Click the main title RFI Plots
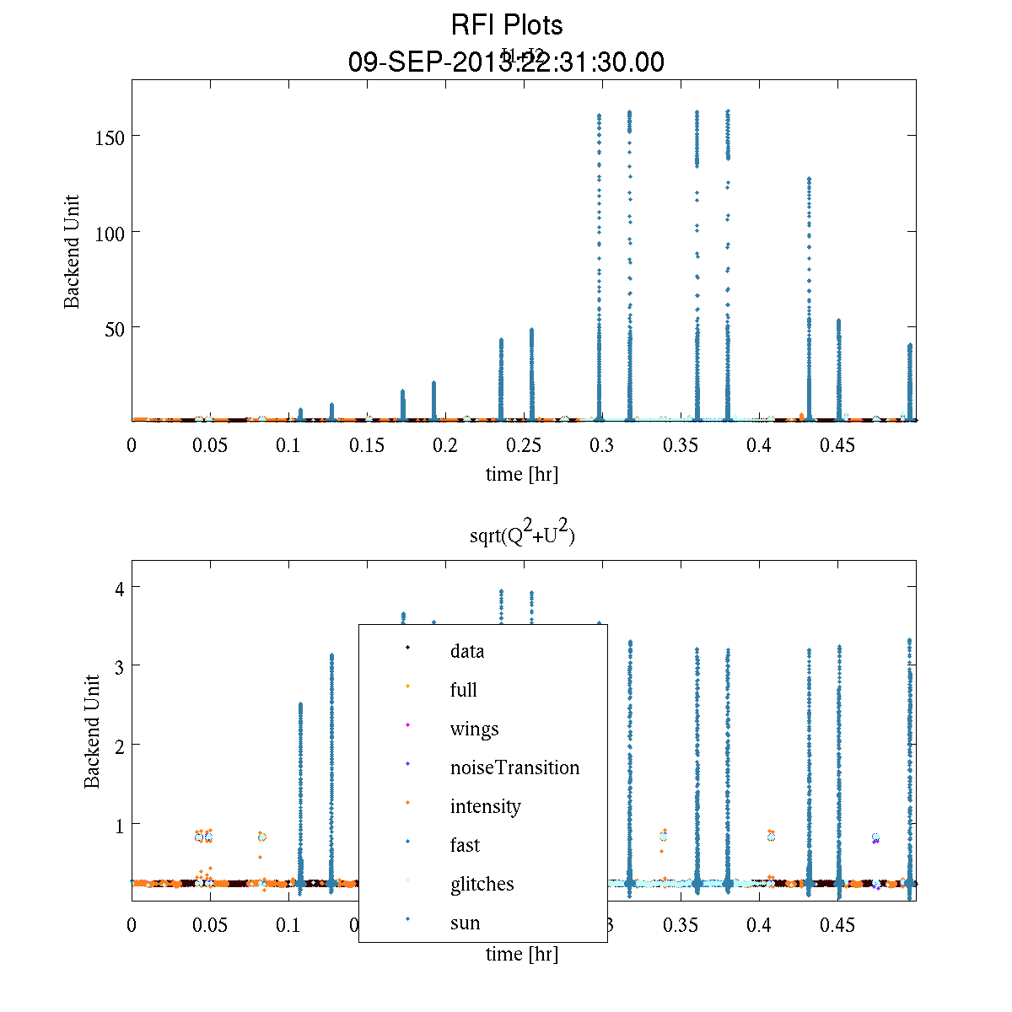507,24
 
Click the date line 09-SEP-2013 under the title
506,62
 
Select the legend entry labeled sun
465,923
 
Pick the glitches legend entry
482,884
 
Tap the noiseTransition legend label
514,767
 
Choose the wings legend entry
474,729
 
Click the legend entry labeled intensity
485,806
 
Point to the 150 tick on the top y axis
110,137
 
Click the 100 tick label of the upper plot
110,232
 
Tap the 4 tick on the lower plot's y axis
120,588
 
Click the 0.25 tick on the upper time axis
525,445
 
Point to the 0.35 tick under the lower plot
681,925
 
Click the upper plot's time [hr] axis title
521,474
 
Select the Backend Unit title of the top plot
73,251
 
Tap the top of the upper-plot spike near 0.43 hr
809,179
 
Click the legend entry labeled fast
465,845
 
